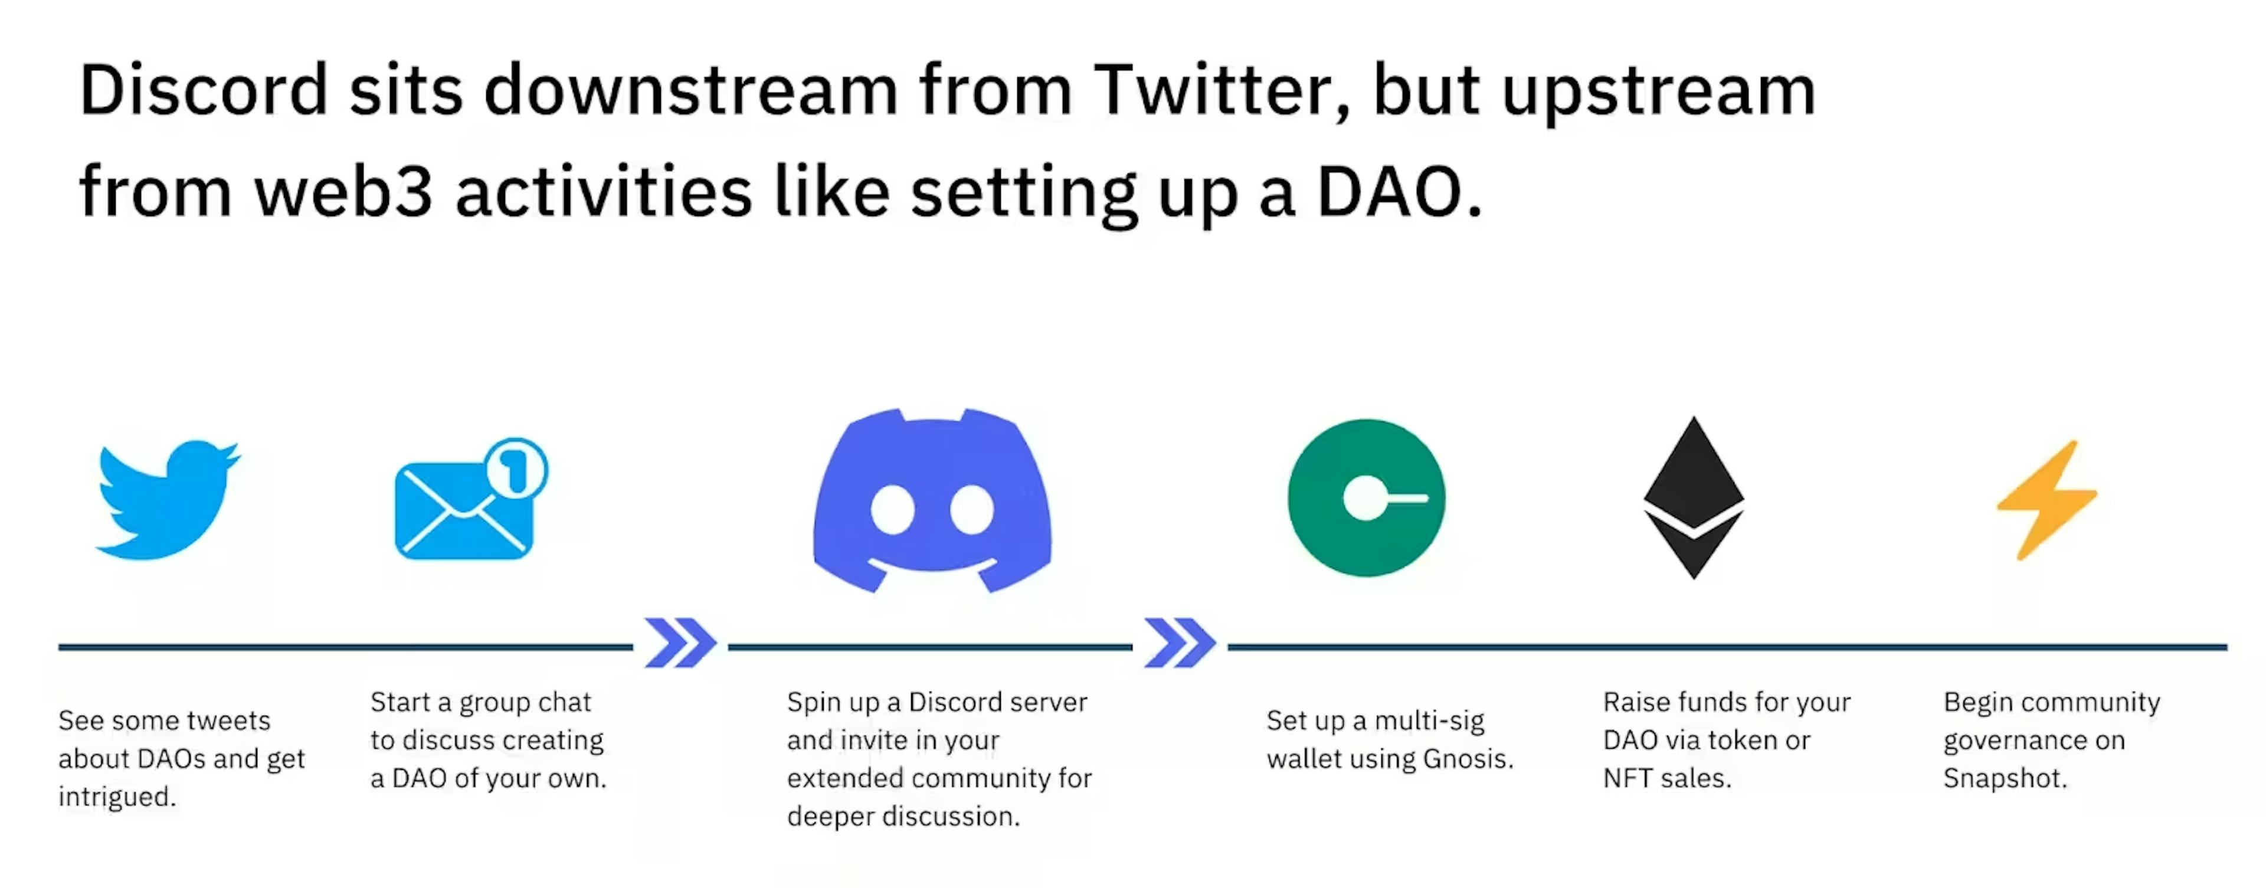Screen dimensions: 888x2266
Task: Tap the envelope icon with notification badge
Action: click(464, 510)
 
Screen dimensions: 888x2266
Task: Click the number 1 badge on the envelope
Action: click(516, 468)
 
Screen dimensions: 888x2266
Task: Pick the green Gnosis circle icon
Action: click(1366, 497)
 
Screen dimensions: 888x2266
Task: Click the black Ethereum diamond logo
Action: click(1694, 497)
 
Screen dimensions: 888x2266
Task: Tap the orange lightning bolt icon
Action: click(2048, 499)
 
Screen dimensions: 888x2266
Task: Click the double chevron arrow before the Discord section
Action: click(680, 643)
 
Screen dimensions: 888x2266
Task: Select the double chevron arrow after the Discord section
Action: click(1180, 643)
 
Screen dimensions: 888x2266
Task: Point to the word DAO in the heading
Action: click(1390, 192)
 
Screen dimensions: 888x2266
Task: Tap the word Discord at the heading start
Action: click(203, 90)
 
